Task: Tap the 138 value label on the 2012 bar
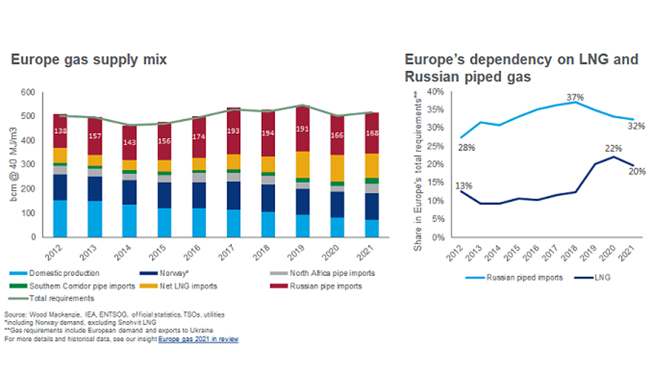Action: [x=60, y=131]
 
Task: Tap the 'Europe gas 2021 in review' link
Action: [x=198, y=337]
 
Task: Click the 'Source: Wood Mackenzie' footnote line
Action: [x=113, y=314]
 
